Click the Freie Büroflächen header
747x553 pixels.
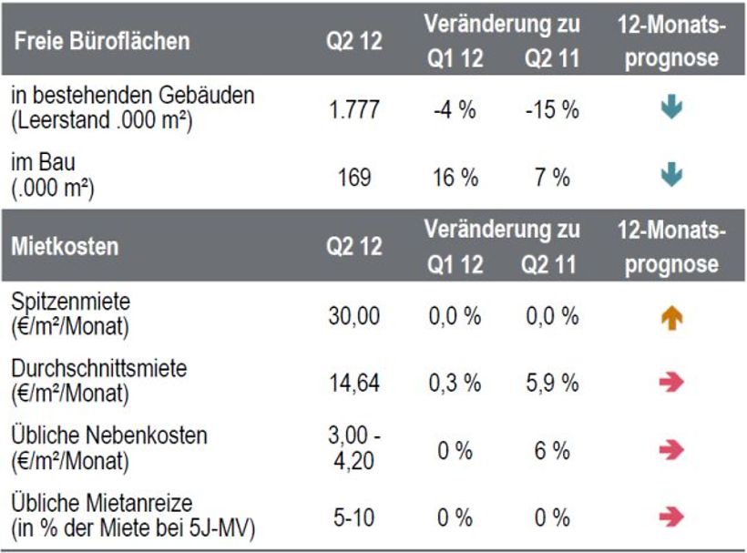[x=102, y=41]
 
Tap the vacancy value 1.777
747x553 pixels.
[x=353, y=109]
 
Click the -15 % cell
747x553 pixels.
[x=551, y=109]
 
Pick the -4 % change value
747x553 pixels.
[x=455, y=109]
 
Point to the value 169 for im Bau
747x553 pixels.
[x=353, y=177]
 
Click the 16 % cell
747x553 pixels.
[x=455, y=177]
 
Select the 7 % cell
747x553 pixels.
[x=551, y=177]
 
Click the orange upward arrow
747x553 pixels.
[x=671, y=317]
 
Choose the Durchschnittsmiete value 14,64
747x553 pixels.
[x=353, y=383]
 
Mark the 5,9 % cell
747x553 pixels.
[x=551, y=383]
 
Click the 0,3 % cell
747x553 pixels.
[x=455, y=383]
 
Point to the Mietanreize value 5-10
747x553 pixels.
[x=353, y=517]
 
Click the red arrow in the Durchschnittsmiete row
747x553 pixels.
[x=671, y=383]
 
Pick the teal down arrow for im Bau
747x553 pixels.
[x=671, y=173]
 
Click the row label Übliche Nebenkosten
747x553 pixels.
[x=109, y=436]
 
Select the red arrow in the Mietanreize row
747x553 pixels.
[x=671, y=517]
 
